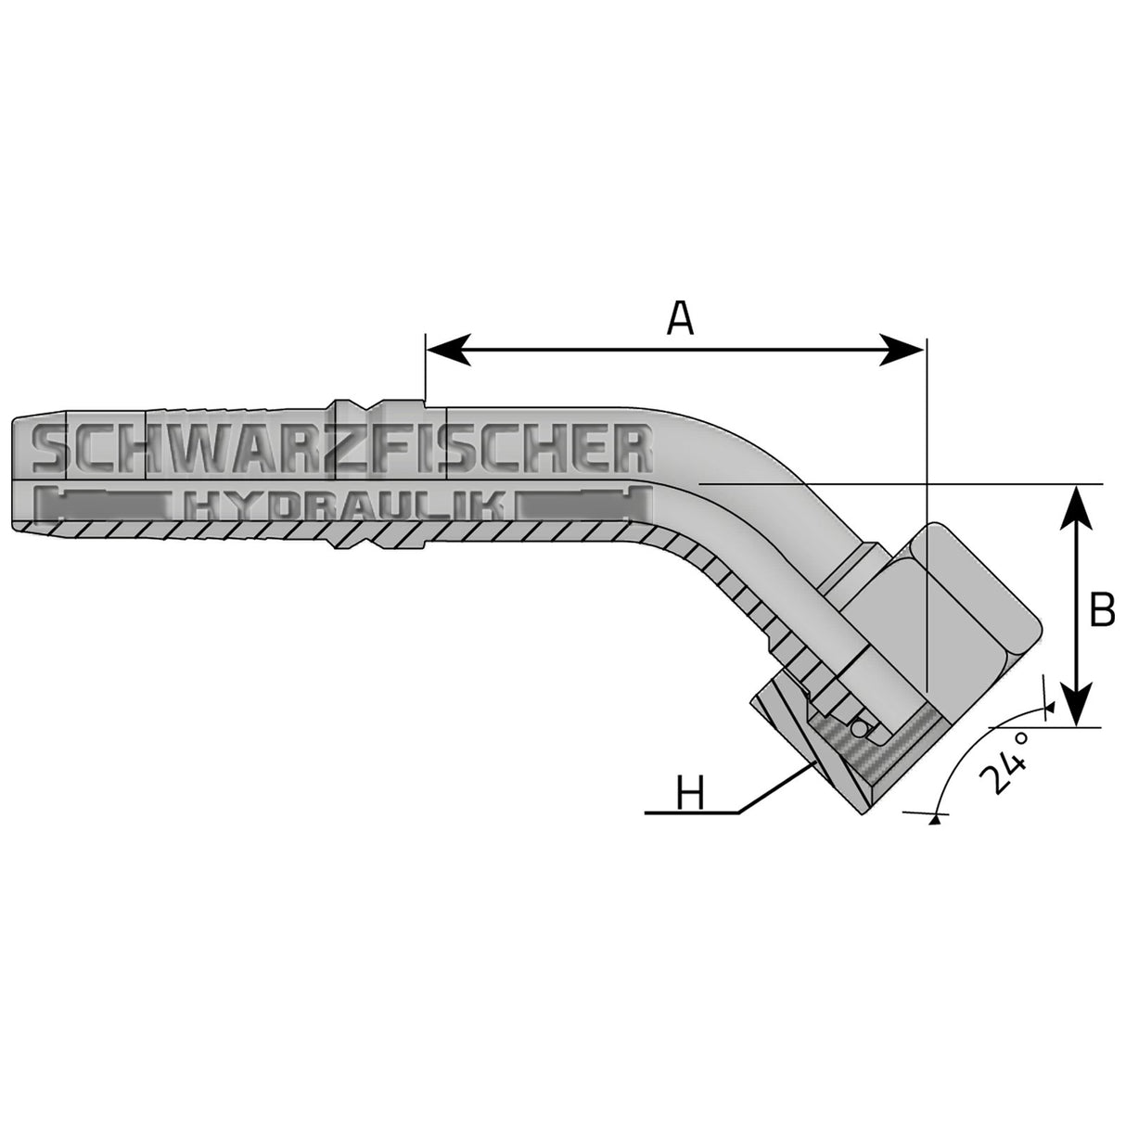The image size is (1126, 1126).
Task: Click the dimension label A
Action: [680, 319]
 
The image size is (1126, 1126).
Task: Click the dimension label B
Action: [1102, 610]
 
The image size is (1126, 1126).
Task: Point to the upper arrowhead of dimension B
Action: [1076, 501]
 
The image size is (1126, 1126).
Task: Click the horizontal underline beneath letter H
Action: [691, 813]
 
